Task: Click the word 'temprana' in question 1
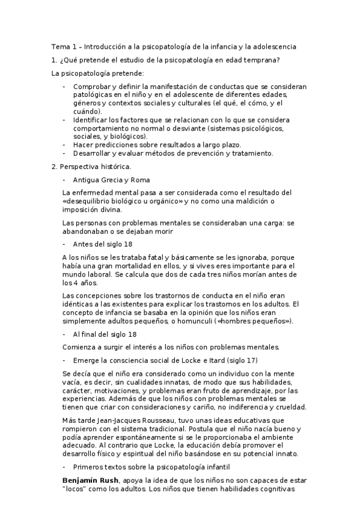[x=263, y=60]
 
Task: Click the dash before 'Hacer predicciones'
[x=64, y=145]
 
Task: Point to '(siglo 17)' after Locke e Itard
[x=242, y=360]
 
